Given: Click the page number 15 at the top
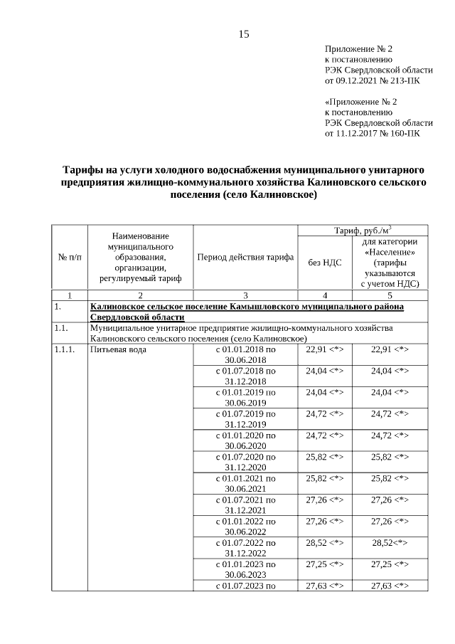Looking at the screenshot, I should click(x=244, y=33).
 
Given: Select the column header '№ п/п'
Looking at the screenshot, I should click(x=69, y=257).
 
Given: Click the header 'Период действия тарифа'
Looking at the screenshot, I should click(x=245, y=257).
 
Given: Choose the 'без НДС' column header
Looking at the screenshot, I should click(x=325, y=263).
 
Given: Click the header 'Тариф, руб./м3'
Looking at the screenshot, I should click(x=363, y=231).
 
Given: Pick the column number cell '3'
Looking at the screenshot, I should click(x=245, y=295).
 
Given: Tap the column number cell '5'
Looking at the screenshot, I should click(x=390, y=295).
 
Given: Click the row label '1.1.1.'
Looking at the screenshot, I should click(x=65, y=349).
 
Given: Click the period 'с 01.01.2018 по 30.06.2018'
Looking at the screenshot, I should click(x=245, y=354).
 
